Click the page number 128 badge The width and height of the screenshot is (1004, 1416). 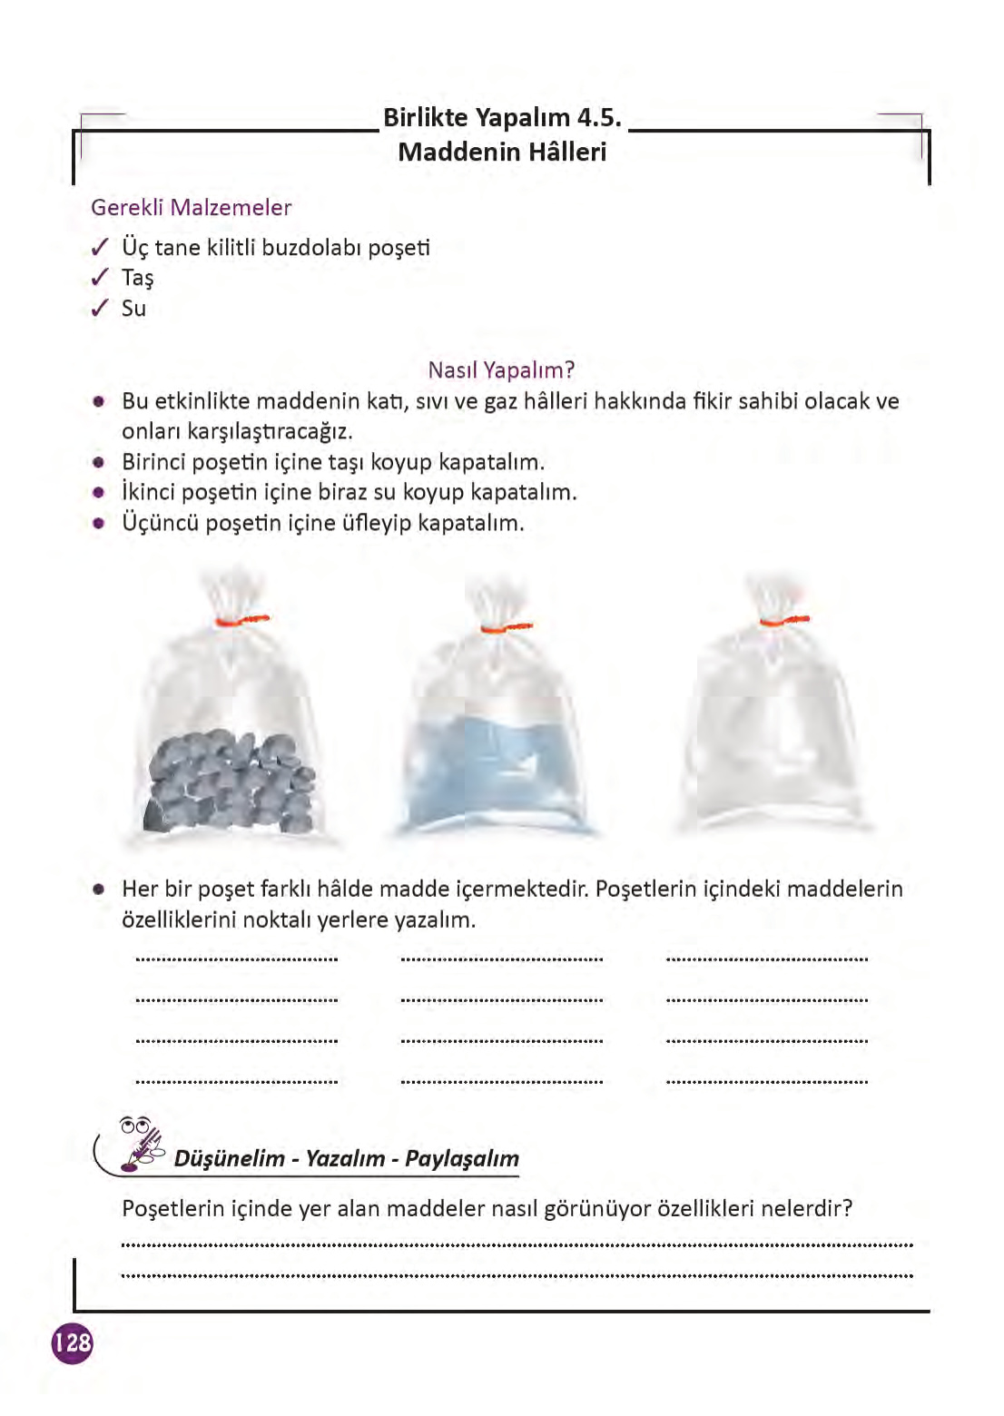(x=72, y=1342)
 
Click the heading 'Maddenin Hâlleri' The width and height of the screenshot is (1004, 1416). (x=501, y=152)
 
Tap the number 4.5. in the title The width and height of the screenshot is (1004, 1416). (x=599, y=117)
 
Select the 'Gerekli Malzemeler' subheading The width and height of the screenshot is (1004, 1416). (x=191, y=207)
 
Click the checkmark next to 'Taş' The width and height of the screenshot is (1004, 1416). (x=100, y=278)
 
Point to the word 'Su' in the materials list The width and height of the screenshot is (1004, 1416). (x=133, y=309)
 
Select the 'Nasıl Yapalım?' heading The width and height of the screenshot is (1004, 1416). (x=501, y=369)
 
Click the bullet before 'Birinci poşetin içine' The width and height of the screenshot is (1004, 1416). (x=99, y=462)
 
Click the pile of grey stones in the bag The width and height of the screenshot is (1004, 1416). (x=231, y=781)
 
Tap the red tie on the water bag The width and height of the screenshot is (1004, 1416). (x=506, y=627)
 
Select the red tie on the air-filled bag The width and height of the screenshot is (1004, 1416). (x=783, y=620)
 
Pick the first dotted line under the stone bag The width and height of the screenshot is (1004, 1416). (x=236, y=959)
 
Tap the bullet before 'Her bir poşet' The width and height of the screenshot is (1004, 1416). (x=99, y=890)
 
